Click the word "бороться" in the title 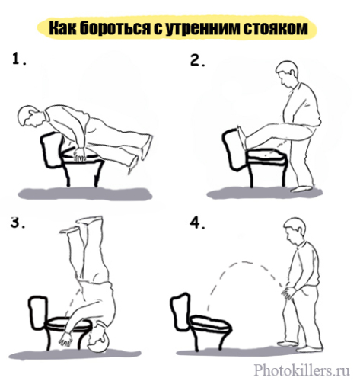click(x=114, y=28)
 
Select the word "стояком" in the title click(x=276, y=28)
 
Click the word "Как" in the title click(x=62, y=28)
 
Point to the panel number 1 click(x=19, y=59)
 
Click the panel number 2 click(x=197, y=60)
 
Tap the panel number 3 click(x=18, y=222)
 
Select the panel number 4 click(x=197, y=223)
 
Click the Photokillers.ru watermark click(x=302, y=369)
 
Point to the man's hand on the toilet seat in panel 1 click(x=79, y=154)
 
